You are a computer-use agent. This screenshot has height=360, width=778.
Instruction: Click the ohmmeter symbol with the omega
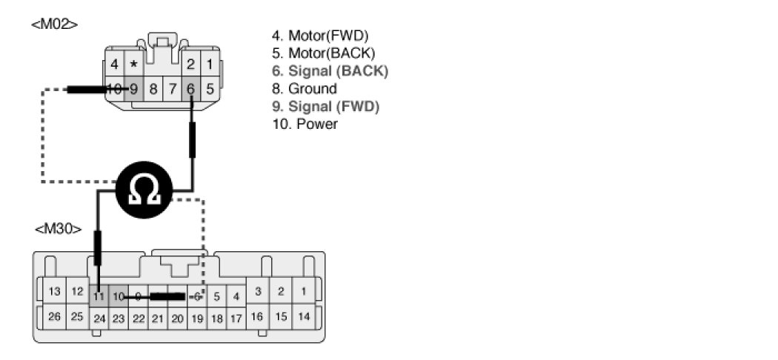[144, 190]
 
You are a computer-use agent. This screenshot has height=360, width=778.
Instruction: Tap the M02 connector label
[54, 24]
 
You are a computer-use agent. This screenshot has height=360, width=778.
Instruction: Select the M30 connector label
[58, 229]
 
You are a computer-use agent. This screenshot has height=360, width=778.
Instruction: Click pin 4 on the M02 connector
[114, 64]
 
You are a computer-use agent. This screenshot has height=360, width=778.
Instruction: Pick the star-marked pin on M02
[133, 64]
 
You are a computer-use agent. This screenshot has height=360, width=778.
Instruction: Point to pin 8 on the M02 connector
[153, 89]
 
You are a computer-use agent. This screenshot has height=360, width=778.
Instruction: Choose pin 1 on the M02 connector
[210, 64]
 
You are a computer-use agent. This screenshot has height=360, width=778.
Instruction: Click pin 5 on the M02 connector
[210, 89]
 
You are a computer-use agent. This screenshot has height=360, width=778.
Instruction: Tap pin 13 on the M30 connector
[54, 291]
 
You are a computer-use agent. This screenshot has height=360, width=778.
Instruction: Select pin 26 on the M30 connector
[54, 317]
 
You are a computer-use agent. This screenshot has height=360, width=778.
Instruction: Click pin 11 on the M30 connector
[99, 296]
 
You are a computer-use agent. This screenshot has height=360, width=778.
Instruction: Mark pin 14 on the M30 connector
[303, 316]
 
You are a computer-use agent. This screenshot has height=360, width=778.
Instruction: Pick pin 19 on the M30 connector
[196, 319]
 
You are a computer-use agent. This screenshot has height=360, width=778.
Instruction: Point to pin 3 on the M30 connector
[257, 291]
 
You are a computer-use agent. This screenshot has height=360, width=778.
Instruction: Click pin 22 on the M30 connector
[138, 319]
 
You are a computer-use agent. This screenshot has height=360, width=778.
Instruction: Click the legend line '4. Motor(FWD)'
[321, 36]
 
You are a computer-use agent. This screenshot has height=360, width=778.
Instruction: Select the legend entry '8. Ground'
[305, 89]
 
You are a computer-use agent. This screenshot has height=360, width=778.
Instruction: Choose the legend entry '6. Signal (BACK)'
[330, 71]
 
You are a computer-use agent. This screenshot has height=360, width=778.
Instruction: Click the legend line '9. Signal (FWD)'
[326, 107]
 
